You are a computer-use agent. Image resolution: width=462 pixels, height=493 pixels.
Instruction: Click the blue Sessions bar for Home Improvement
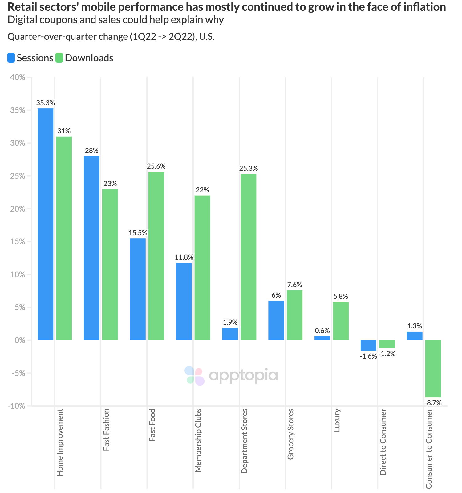(x=45, y=224)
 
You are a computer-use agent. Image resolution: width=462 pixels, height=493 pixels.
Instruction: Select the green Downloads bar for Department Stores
(x=248, y=257)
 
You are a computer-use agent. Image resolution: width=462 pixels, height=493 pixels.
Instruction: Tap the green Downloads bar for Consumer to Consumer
(x=433, y=368)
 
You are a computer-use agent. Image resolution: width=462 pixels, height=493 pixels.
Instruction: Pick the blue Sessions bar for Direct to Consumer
(x=368, y=345)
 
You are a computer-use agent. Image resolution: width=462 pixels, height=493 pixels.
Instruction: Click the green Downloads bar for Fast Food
(x=156, y=256)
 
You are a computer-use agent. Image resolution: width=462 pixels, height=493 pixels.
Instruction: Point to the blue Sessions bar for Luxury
(x=322, y=338)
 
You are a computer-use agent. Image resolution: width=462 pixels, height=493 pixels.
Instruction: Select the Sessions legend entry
(x=30, y=58)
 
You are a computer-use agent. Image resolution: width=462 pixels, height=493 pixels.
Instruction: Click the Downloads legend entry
(x=84, y=58)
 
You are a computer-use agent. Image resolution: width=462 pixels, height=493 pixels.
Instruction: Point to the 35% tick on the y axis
(x=18, y=110)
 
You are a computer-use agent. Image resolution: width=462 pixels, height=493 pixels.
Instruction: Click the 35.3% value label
(x=45, y=103)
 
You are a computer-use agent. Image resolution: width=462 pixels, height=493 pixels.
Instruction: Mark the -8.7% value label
(x=433, y=403)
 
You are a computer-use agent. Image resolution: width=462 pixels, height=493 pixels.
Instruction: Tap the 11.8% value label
(x=184, y=257)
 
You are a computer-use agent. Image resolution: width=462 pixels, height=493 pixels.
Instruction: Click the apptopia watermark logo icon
(x=195, y=376)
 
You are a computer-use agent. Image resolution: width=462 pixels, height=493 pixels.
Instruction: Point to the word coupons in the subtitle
(x=53, y=20)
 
